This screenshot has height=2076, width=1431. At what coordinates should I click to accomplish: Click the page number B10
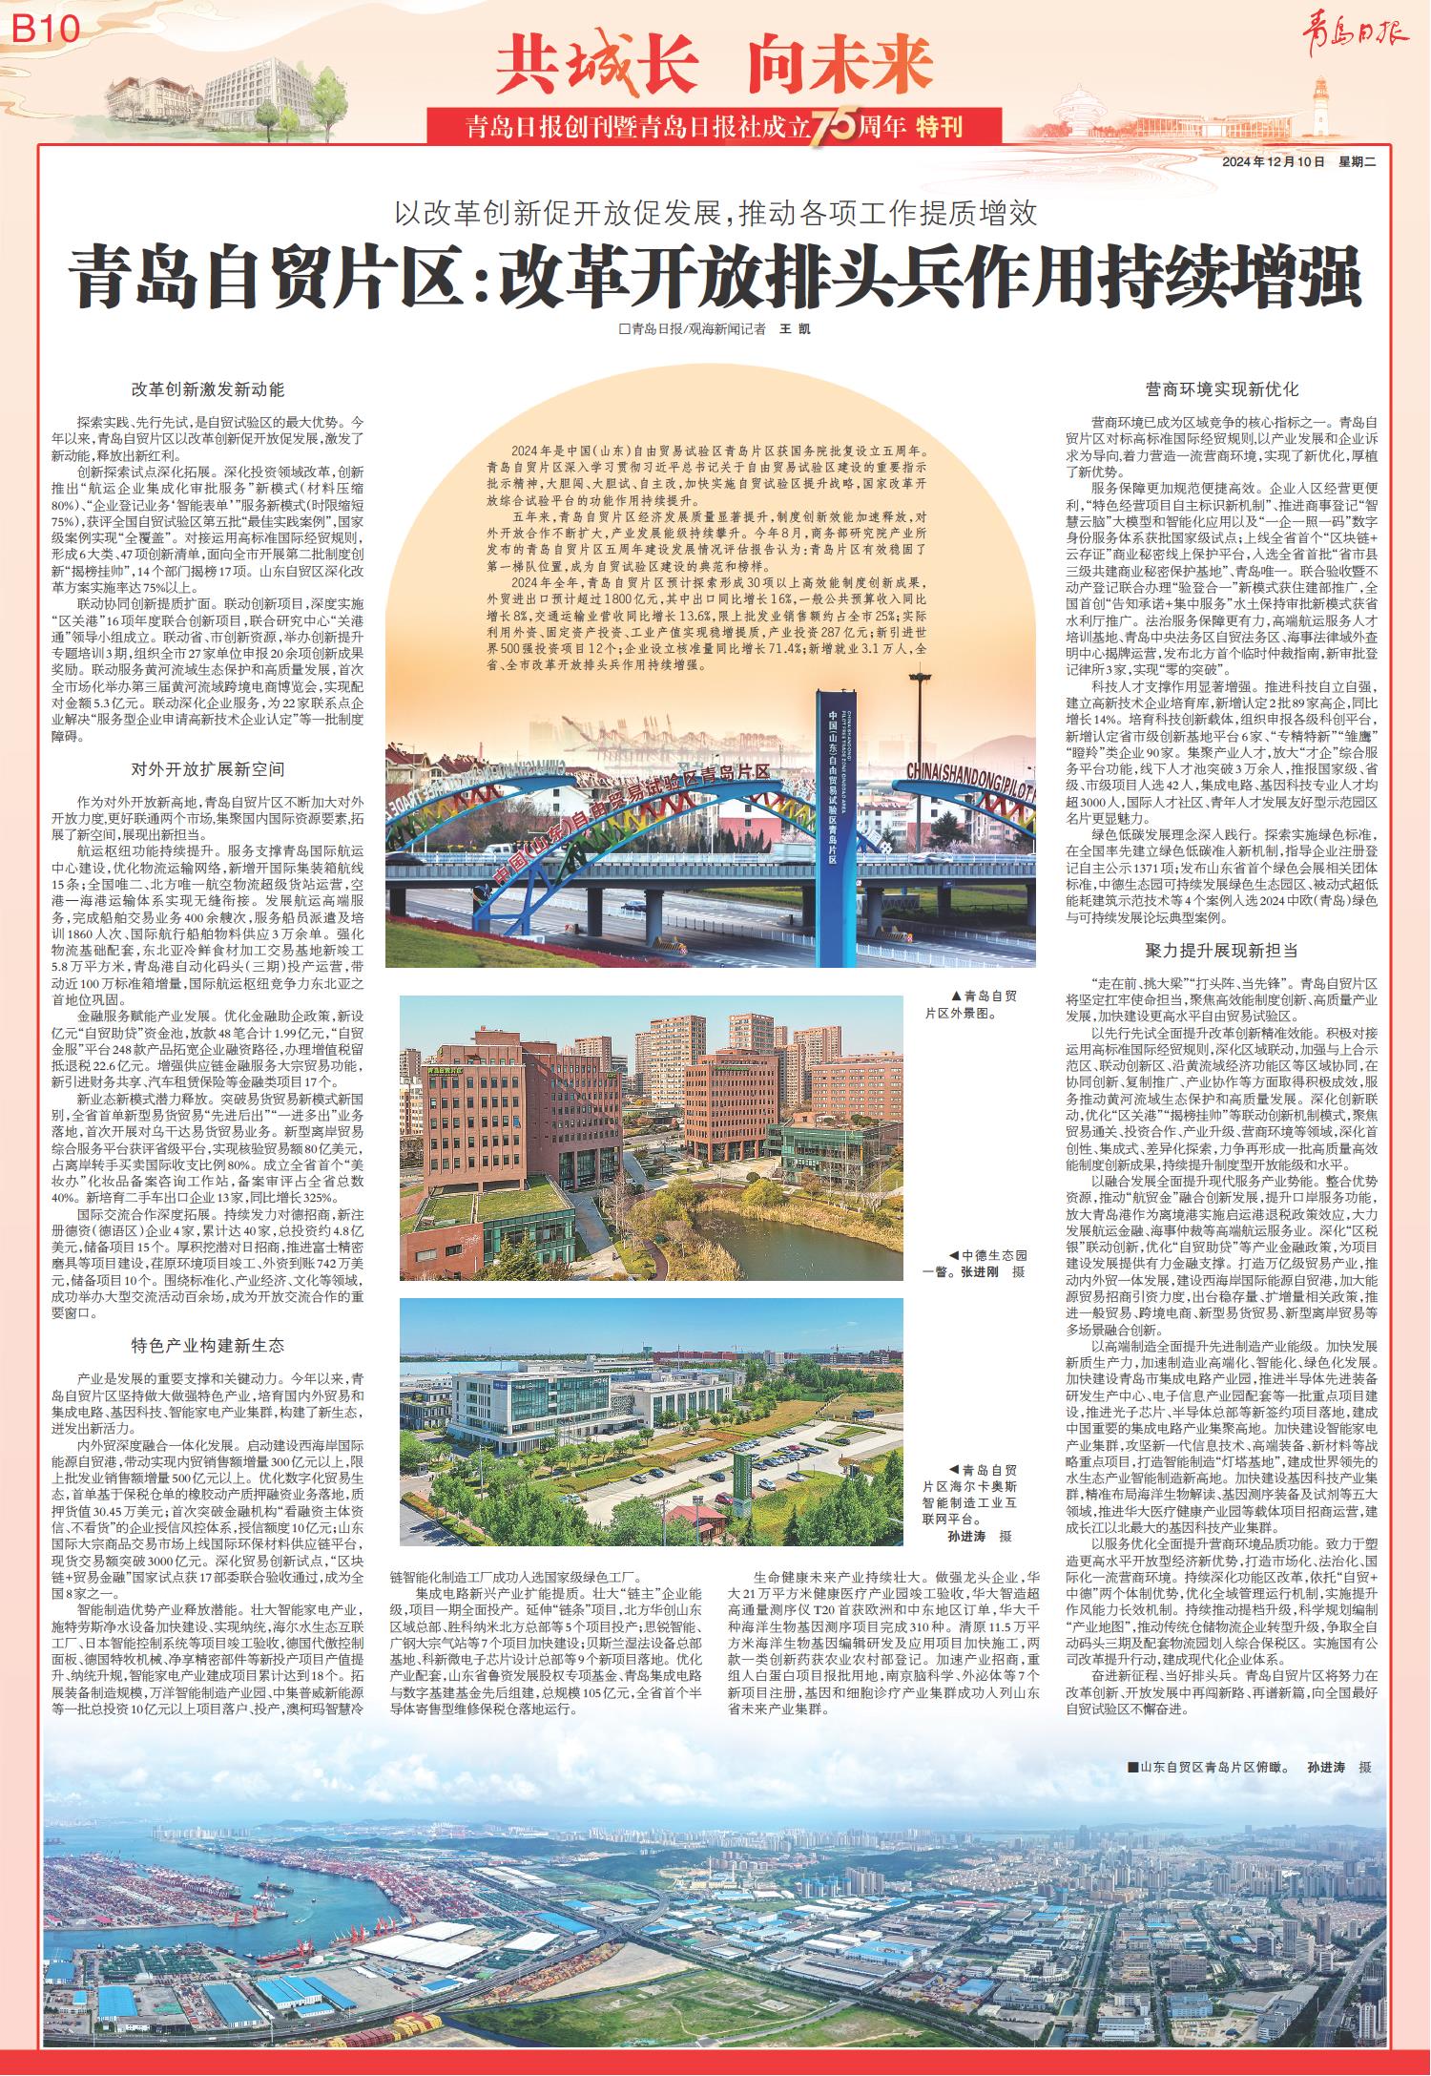click(45, 30)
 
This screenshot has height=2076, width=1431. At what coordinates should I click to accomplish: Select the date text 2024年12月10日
click(1274, 162)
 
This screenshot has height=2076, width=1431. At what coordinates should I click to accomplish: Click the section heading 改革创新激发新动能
click(208, 389)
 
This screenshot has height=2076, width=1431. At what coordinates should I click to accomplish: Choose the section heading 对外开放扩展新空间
click(208, 769)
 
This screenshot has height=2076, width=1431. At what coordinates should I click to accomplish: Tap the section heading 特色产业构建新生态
click(208, 1347)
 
